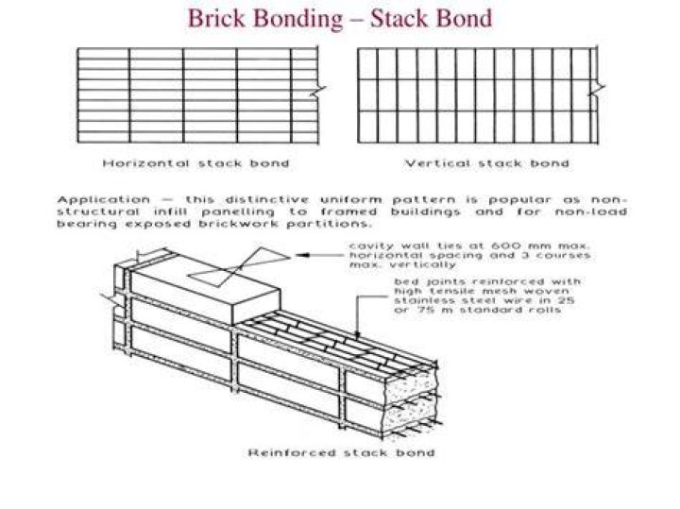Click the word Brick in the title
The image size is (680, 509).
tap(216, 18)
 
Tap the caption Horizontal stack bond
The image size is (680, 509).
tap(195, 163)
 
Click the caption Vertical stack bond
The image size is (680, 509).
tap(486, 163)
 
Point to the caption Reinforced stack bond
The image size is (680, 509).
tap(341, 452)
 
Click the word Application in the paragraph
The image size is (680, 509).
tap(104, 200)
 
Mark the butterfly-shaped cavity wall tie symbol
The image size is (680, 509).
tap(239, 267)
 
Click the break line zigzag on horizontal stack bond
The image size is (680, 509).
tap(318, 91)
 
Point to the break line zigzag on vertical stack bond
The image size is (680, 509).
tap(597, 90)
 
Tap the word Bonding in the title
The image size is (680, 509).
tap(297, 19)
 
